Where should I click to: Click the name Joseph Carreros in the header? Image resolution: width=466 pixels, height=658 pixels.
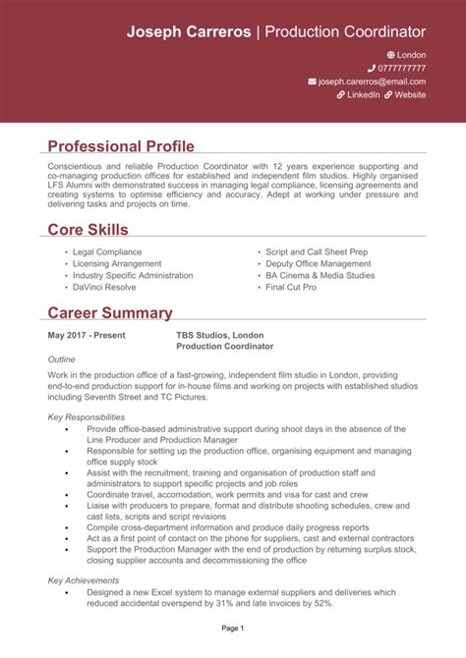click(x=188, y=32)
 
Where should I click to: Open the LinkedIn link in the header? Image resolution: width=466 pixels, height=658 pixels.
click(x=363, y=95)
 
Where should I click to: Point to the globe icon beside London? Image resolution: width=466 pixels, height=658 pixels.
click(x=390, y=54)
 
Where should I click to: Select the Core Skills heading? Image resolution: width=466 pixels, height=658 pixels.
click(x=88, y=230)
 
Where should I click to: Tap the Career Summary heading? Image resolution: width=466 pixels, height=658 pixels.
click(x=110, y=313)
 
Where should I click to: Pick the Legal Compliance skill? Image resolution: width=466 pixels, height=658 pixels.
click(x=107, y=252)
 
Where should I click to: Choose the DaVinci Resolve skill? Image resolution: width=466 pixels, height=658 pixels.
click(x=105, y=288)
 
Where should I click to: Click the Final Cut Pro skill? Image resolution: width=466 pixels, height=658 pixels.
click(x=291, y=288)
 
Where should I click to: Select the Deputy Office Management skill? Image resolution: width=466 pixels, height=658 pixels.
click(x=319, y=264)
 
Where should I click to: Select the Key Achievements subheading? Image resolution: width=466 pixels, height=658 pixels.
click(x=84, y=580)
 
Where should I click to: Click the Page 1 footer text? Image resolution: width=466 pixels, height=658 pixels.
click(x=233, y=628)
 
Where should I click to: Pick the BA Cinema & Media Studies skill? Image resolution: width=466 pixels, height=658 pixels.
click(x=320, y=276)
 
